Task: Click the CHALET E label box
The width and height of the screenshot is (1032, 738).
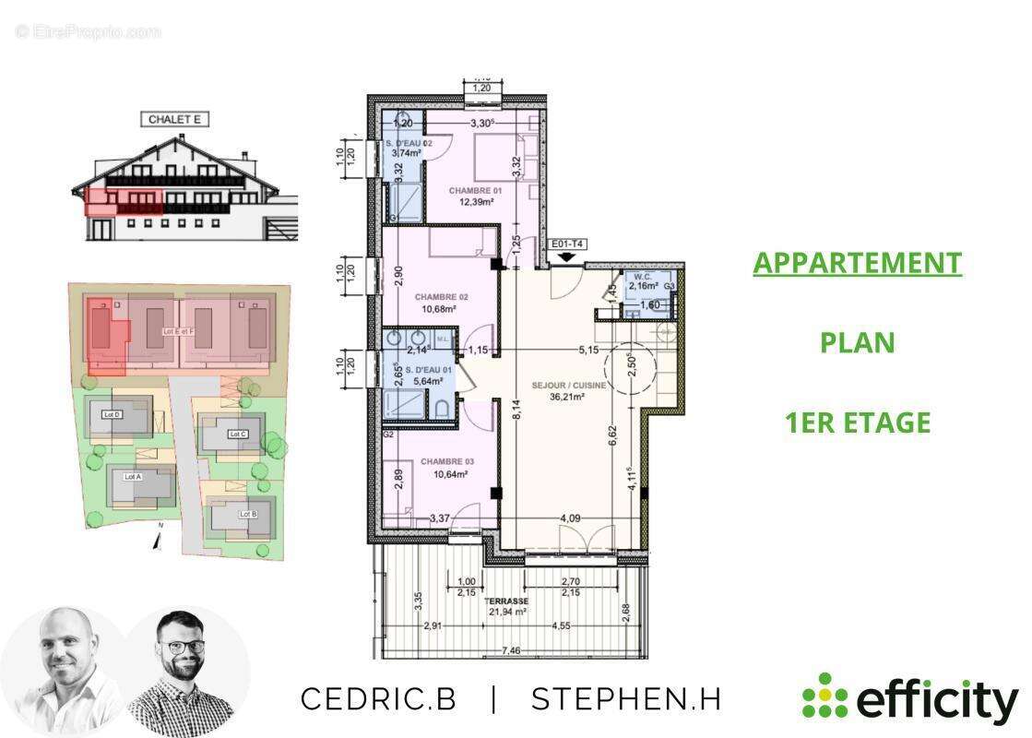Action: coord(174,119)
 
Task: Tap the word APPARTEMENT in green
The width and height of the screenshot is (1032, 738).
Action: coord(857,263)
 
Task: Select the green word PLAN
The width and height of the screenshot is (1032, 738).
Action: coord(857,342)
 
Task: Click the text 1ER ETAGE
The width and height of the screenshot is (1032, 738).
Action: coord(857,423)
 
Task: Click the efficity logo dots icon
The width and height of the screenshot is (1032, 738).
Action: coord(824,696)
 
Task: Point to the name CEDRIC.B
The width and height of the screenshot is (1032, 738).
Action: coord(378,699)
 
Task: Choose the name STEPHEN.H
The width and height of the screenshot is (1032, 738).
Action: coord(626,699)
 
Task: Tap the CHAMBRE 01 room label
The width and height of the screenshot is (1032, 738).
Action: coord(476,191)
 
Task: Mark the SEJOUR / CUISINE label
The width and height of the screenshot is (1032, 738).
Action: coord(569,385)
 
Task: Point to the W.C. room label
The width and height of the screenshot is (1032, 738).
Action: coord(640,274)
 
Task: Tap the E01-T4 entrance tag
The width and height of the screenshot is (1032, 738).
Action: coord(567,244)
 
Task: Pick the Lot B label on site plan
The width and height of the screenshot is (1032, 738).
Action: coord(247,514)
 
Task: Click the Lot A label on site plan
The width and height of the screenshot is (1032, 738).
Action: coord(134,477)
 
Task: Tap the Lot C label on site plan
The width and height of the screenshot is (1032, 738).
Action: coord(237,434)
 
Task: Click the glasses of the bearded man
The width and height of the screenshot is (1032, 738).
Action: coord(185,647)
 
